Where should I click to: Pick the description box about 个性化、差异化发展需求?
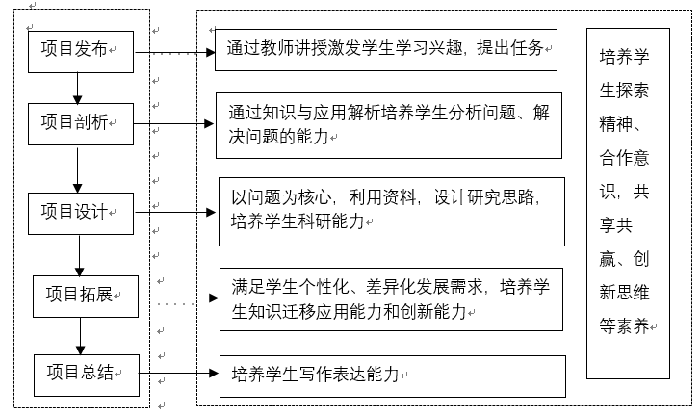point(391,298)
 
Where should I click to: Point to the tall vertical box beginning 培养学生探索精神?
point(628,202)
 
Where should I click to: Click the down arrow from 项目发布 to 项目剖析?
point(76,87)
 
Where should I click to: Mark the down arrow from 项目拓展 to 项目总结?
point(80,334)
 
